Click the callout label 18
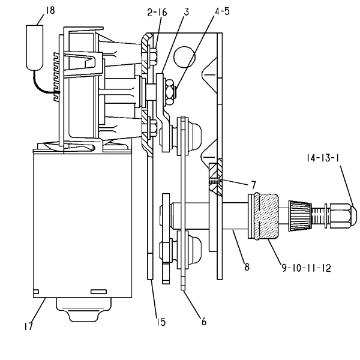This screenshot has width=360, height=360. coord(50,11)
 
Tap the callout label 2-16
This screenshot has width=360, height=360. coord(157,12)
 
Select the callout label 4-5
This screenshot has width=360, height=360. coord(222,11)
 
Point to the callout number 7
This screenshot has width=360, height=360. coord(253,185)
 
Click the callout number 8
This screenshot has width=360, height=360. coord(247,267)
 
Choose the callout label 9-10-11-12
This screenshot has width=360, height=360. coord(307,268)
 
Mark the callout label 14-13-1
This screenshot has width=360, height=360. coord(323,158)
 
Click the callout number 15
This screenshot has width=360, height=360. coord(161,322)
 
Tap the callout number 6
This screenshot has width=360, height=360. coord(204,322)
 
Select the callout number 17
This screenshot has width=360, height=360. coord(28,326)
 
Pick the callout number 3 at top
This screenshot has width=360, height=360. coord(187,12)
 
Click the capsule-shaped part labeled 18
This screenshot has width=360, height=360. coord(35,47)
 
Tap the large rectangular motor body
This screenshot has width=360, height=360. coord(82,225)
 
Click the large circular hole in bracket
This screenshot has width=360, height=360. coord(184,57)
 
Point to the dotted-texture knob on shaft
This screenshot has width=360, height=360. coord(267,217)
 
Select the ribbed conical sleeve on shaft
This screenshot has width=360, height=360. coord(300,215)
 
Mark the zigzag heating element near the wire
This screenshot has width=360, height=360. coord(56,77)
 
